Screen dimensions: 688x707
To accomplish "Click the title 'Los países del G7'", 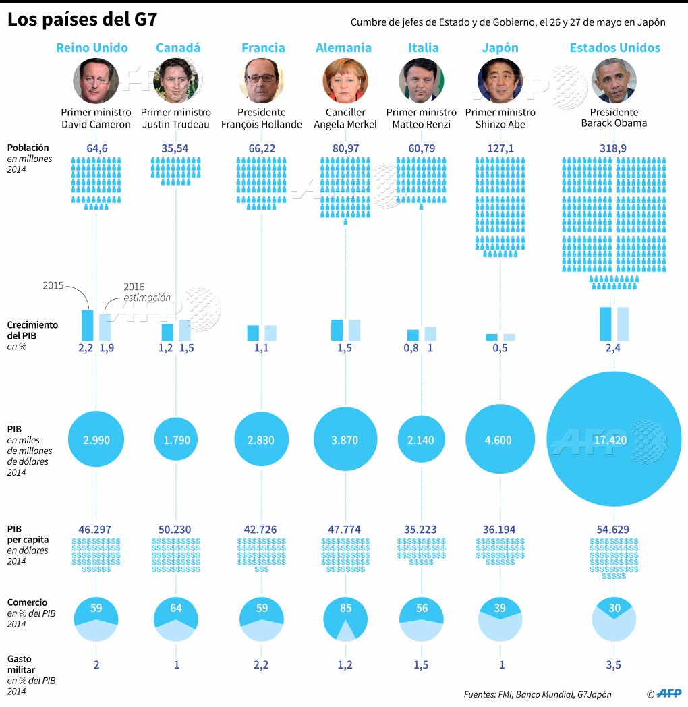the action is pyautogui.click(x=82, y=20).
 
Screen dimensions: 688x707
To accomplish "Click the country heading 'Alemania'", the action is pyautogui.click(x=343, y=47).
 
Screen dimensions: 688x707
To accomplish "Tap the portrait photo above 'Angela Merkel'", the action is pyautogui.click(x=345, y=81).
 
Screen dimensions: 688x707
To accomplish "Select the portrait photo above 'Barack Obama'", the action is pyautogui.click(x=614, y=81).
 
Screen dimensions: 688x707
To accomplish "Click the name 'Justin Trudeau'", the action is pyautogui.click(x=176, y=124).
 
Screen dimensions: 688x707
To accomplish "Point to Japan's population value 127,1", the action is pyautogui.click(x=500, y=148).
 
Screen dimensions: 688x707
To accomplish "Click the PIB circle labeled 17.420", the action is pyautogui.click(x=614, y=439).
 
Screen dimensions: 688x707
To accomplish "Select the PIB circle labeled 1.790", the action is pyautogui.click(x=176, y=439).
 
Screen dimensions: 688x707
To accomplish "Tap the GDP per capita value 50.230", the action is pyautogui.click(x=175, y=530).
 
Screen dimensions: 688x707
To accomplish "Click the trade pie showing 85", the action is pyautogui.click(x=345, y=619).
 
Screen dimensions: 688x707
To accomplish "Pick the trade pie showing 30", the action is pyautogui.click(x=614, y=619).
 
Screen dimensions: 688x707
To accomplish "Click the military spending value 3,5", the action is pyautogui.click(x=613, y=665).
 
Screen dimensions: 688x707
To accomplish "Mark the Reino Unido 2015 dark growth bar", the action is pyautogui.click(x=88, y=325).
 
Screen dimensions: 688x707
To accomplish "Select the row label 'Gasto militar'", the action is pyautogui.click(x=21, y=664).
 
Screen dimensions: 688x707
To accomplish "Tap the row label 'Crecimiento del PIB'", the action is pyautogui.click(x=32, y=330).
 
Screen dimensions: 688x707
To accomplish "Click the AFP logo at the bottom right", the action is pyautogui.click(x=669, y=694).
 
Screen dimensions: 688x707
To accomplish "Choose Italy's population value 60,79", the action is pyautogui.click(x=422, y=148).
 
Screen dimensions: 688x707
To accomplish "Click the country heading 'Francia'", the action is pyautogui.click(x=263, y=47).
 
